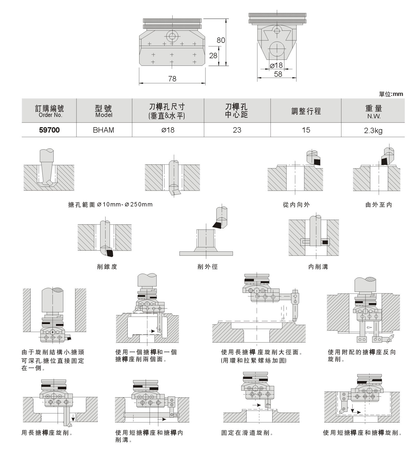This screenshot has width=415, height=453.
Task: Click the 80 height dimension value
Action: point(221,40)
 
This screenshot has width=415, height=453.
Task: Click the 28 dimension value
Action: point(213,56)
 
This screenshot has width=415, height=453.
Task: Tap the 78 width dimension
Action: point(172,79)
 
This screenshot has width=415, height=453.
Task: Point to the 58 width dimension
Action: point(278,74)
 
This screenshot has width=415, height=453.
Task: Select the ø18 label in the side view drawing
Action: point(276,65)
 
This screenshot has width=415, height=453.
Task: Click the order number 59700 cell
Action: point(49,130)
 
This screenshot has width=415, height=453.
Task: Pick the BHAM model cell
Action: point(104,130)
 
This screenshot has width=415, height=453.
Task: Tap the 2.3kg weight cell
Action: point(373,131)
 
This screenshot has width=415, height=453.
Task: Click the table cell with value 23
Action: point(237,130)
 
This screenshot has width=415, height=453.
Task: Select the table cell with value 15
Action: point(306,130)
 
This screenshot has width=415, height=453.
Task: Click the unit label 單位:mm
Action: point(391,94)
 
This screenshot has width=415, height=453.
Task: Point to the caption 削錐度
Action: point(107,267)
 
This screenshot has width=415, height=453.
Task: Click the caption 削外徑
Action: point(207,267)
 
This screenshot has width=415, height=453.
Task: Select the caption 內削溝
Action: point(318,267)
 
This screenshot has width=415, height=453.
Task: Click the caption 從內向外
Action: point(296,205)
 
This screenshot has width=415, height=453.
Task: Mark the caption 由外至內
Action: point(379,205)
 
